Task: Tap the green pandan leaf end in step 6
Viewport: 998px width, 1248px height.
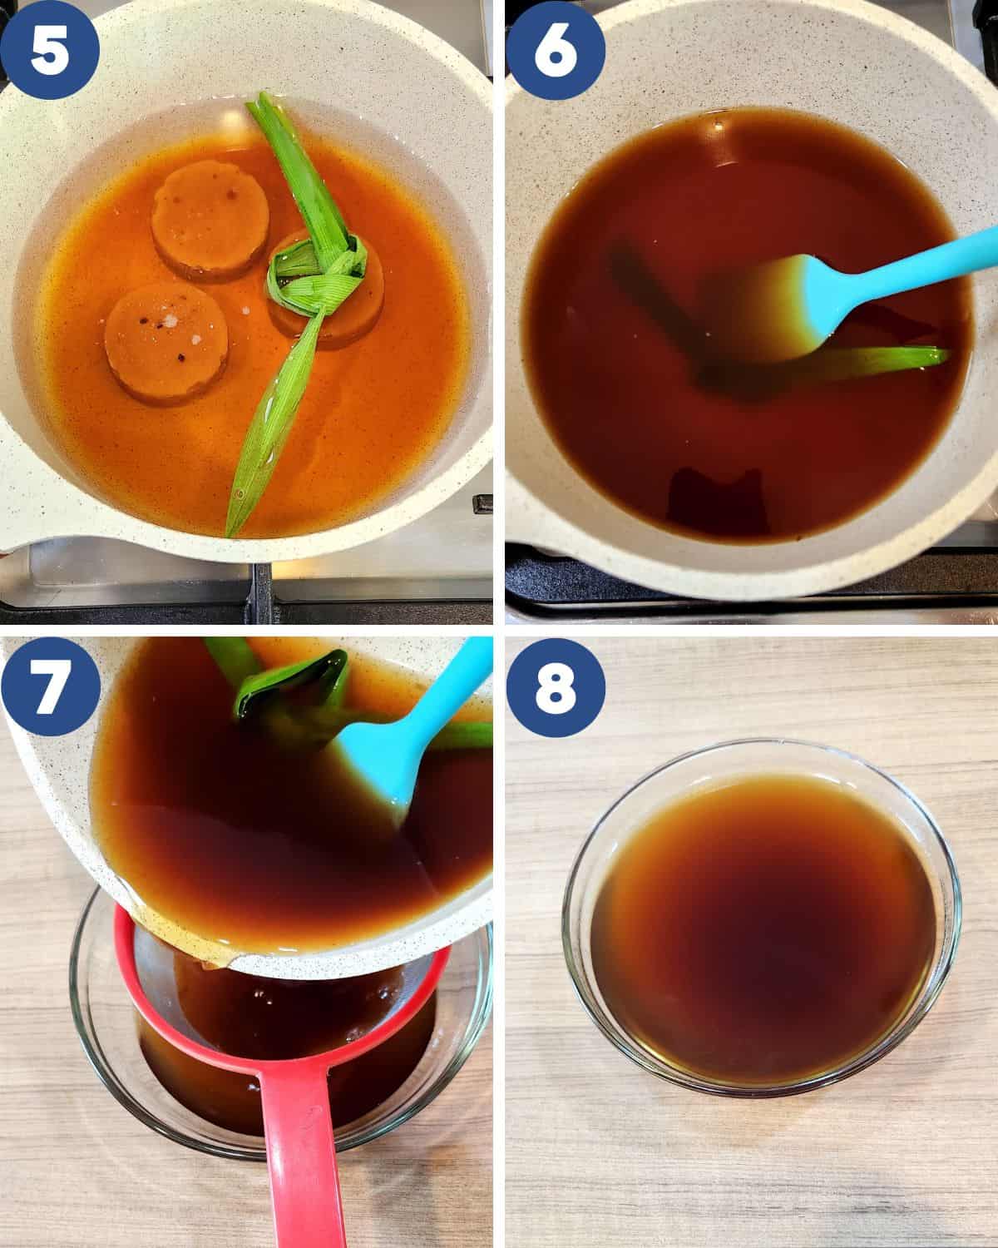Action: coord(907,358)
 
